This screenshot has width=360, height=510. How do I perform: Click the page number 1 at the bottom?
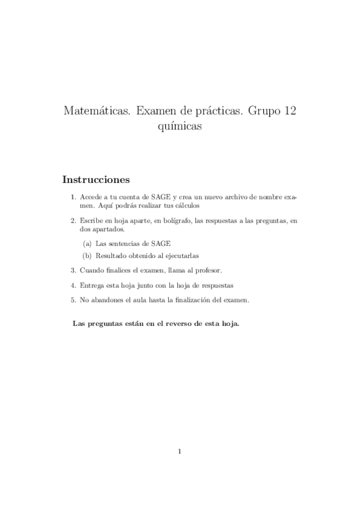180,451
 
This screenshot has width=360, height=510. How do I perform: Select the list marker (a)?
87,243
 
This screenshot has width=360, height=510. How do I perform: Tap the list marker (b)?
87,256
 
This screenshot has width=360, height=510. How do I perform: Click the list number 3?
73,270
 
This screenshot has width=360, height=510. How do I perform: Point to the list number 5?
73,300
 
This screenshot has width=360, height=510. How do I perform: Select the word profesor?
208,270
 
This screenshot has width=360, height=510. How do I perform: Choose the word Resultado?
111,256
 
